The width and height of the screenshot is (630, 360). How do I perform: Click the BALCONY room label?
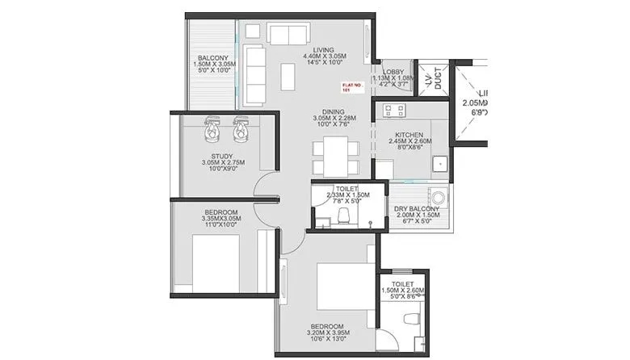pyautogui.click(x=213, y=58)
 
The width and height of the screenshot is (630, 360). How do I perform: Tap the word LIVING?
pyautogui.click(x=324, y=48)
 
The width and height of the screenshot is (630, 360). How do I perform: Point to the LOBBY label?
pyautogui.click(x=393, y=72)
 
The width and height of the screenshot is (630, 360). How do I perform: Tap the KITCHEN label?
pyautogui.click(x=409, y=136)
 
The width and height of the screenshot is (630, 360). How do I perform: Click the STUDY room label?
pyautogui.click(x=221, y=155)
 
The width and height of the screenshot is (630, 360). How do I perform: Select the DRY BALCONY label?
pyautogui.click(x=417, y=209)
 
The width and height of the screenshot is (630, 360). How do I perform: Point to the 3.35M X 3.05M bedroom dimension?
pyautogui.click(x=221, y=219)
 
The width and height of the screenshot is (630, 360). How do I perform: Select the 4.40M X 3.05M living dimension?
pyautogui.click(x=324, y=56)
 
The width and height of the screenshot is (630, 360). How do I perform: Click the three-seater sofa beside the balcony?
pyautogui.click(x=254, y=76)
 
